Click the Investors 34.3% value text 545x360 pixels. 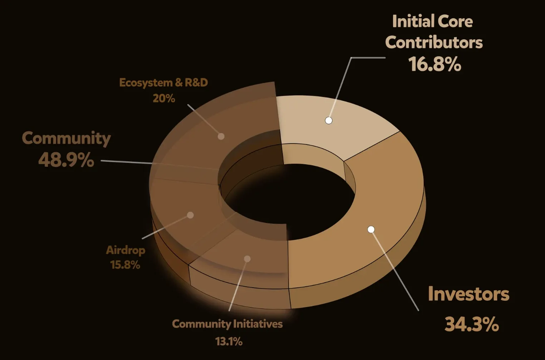click(x=472, y=324)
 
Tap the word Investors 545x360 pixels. click(x=468, y=294)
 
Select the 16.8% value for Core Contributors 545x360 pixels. click(x=434, y=64)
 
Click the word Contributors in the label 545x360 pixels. click(x=434, y=43)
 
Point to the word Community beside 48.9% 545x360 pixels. click(x=66, y=138)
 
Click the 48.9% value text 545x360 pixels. click(x=66, y=160)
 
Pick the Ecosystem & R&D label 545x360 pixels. click(x=163, y=83)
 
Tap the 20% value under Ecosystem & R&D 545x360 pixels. click(x=164, y=98)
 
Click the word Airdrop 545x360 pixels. click(x=126, y=250)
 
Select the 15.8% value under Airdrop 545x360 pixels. click(x=125, y=265)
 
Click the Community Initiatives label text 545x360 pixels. click(x=227, y=324)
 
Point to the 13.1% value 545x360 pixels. click(x=229, y=341)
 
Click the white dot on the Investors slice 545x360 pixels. click(x=371, y=229)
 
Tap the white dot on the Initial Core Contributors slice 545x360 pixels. click(x=329, y=120)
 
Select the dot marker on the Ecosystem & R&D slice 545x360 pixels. click(x=221, y=136)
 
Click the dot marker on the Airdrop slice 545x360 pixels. click(x=191, y=215)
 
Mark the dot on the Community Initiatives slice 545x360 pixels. click(x=247, y=259)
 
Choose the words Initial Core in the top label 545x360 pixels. click(x=432, y=21)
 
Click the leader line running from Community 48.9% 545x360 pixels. click(x=125, y=162)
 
